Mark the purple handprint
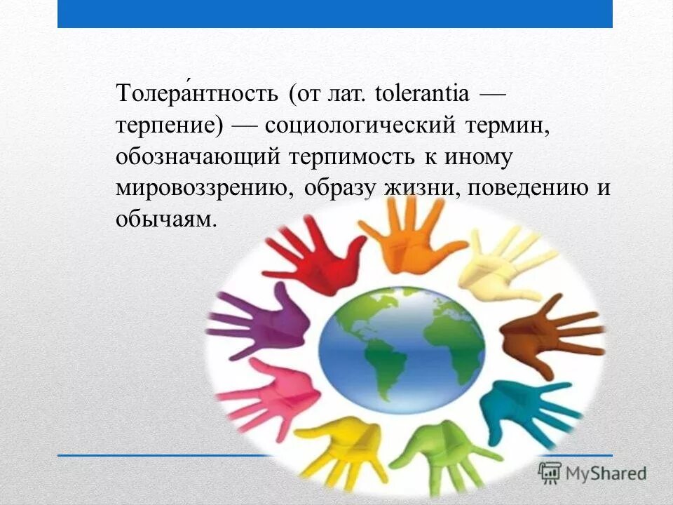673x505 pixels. [x=260, y=322]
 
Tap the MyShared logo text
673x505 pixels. [x=604, y=473]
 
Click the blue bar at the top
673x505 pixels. [x=335, y=13]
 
